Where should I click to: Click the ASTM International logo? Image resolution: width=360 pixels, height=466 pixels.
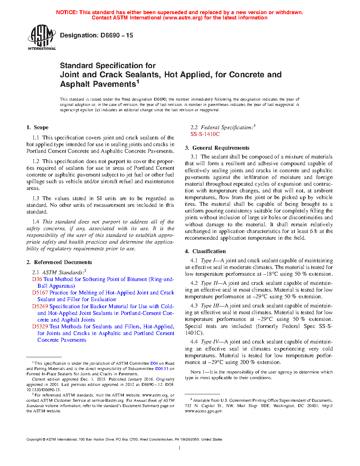pyautogui.click(x=41, y=37)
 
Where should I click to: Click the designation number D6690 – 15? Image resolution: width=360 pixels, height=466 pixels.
pyautogui.click(x=96, y=35)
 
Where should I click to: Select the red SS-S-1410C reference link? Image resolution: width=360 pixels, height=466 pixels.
pyautogui.click(x=205, y=134)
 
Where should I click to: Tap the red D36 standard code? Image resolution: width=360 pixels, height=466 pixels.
pyautogui.click(x=37, y=279)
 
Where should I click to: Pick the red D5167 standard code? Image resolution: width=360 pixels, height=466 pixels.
pyautogui.click(x=40, y=293)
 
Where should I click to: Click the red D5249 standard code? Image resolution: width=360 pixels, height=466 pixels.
pyautogui.click(x=40, y=306)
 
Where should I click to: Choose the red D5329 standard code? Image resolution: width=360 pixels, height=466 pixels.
pyautogui.click(x=40, y=327)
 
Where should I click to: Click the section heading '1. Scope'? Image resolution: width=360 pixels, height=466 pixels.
pyautogui.click(x=37, y=127)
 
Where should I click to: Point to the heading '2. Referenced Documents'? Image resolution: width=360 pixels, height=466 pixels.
pyautogui.click(x=59, y=262)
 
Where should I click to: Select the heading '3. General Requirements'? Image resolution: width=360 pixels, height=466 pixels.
pyautogui.click(x=217, y=148)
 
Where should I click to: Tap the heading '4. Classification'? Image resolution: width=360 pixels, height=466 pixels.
pyautogui.click(x=205, y=251)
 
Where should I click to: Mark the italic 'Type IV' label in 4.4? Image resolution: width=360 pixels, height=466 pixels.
pyautogui.click(x=210, y=342)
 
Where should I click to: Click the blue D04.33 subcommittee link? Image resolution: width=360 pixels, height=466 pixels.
pyautogui.click(x=162, y=369)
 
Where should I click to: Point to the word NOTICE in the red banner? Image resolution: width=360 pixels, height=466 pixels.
pyautogui.click(x=67, y=12)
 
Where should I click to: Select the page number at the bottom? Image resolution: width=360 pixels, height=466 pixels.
pyautogui.click(x=180, y=448)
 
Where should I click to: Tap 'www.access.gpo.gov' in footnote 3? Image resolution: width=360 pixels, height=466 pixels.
pyautogui.click(x=204, y=411)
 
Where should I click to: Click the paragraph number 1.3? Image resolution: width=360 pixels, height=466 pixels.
pyautogui.click(x=36, y=198)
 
